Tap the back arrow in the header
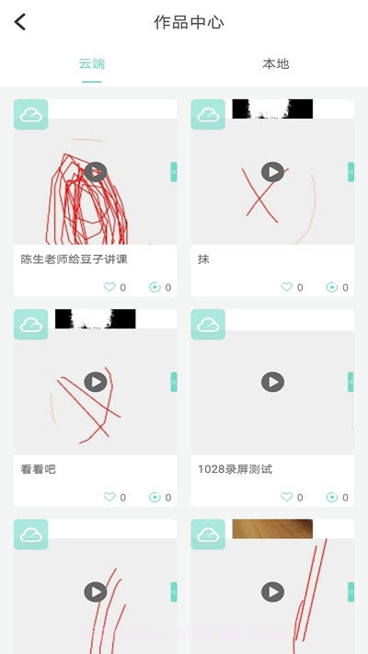click(x=20, y=22)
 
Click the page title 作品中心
click(x=189, y=23)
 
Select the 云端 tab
click(x=92, y=63)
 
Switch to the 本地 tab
click(x=275, y=63)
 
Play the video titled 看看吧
click(x=96, y=382)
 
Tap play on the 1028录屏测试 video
click(x=272, y=382)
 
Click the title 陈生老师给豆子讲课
click(x=74, y=259)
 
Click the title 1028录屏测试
click(x=235, y=469)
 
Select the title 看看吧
click(x=38, y=469)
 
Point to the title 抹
click(x=203, y=259)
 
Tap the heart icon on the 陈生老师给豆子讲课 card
click(x=109, y=287)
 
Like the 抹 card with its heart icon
click(x=286, y=287)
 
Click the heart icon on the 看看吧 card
click(x=109, y=497)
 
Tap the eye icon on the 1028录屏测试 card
click(x=332, y=497)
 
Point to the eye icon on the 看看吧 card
click(x=155, y=497)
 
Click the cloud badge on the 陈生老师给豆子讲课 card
click(x=30, y=115)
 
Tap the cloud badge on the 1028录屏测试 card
click(x=208, y=325)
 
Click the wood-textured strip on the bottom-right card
click(x=272, y=529)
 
